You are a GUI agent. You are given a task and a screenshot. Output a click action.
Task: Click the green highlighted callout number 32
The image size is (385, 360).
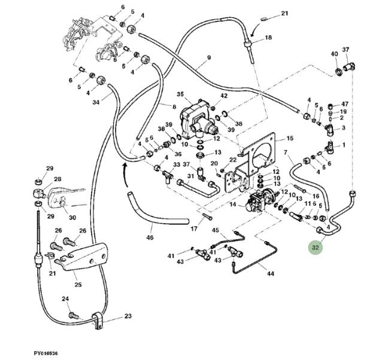pos(316,246)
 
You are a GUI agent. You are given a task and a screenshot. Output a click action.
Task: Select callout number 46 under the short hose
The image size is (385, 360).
pos(150,237)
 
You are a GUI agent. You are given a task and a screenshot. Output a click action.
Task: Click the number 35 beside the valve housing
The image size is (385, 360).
pos(180,94)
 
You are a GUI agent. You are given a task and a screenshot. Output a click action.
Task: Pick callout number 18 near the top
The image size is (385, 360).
pos(268,37)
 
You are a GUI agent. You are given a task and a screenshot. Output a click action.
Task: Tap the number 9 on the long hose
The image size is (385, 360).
pos(209,57)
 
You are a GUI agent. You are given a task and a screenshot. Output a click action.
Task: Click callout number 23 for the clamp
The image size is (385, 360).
pos(128,317)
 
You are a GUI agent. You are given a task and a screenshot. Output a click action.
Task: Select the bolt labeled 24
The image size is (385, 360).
pos(72,315)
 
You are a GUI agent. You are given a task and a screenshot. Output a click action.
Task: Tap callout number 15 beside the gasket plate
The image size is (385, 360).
pos(290,139)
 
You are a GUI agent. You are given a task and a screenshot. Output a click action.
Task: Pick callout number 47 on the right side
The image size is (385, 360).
pos(344,104)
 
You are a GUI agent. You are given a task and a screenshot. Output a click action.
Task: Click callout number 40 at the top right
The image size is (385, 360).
pos(334,54)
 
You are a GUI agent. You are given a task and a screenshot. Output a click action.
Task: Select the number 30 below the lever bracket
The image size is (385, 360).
pos(72,217)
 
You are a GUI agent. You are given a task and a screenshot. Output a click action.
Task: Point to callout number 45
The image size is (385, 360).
pos(216,230)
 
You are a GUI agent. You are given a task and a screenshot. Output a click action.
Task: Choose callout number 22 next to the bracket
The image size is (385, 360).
pos(233,160)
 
